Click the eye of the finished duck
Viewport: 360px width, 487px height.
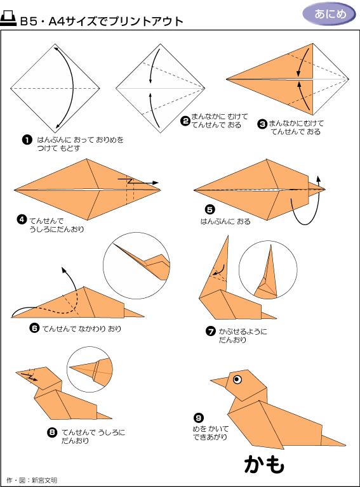pyautogui.click(x=237, y=379)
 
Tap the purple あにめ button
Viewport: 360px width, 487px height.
pyautogui.click(x=330, y=14)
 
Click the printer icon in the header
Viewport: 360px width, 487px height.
pyautogui.click(x=8, y=18)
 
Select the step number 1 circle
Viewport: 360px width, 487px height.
pyautogui.click(x=27, y=140)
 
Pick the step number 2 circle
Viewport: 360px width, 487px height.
pyautogui.click(x=185, y=121)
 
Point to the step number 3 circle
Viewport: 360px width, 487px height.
pyautogui.click(x=262, y=124)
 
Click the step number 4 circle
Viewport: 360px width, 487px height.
pyautogui.click(x=22, y=219)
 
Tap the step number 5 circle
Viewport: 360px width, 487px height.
pyautogui.click(x=210, y=209)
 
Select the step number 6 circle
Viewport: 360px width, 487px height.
pyautogui.click(x=34, y=328)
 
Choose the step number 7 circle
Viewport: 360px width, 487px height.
pyautogui.click(x=211, y=332)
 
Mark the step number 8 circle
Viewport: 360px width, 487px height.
pyautogui.click(x=51, y=432)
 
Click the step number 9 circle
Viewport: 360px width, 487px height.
pyautogui.click(x=199, y=418)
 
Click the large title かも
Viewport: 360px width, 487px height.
pyautogui.click(x=264, y=465)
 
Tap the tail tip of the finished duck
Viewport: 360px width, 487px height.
pyautogui.click(x=345, y=445)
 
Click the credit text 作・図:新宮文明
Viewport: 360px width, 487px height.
pyautogui.click(x=32, y=480)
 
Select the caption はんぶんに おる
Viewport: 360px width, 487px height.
pyautogui.click(x=225, y=221)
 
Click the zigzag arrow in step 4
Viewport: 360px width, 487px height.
pyautogui.click(x=138, y=181)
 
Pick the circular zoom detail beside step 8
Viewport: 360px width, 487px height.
pyautogui.click(x=90, y=370)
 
